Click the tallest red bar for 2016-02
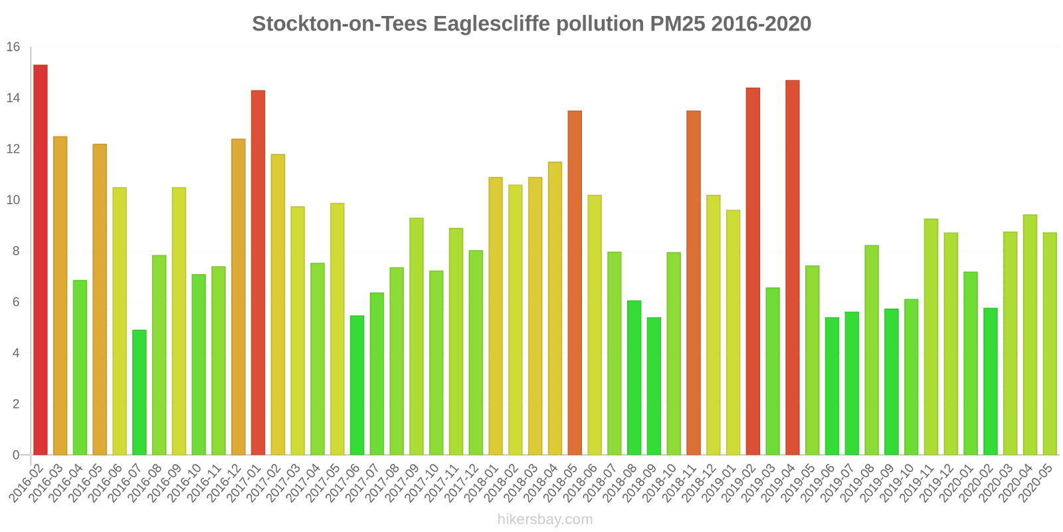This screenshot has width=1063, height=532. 40,259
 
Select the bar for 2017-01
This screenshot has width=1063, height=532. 258,273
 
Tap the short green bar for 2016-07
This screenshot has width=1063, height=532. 139,392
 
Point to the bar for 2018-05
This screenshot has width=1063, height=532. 575,283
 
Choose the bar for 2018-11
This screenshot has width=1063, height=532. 693,283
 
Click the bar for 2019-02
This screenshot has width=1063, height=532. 753,271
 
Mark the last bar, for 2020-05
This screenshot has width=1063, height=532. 1050,344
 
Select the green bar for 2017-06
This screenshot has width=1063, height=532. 357,385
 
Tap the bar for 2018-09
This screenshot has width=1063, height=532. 654,386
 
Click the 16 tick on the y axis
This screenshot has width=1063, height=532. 13,47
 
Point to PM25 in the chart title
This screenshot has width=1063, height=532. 677,24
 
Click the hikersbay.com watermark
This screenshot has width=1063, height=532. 545,519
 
